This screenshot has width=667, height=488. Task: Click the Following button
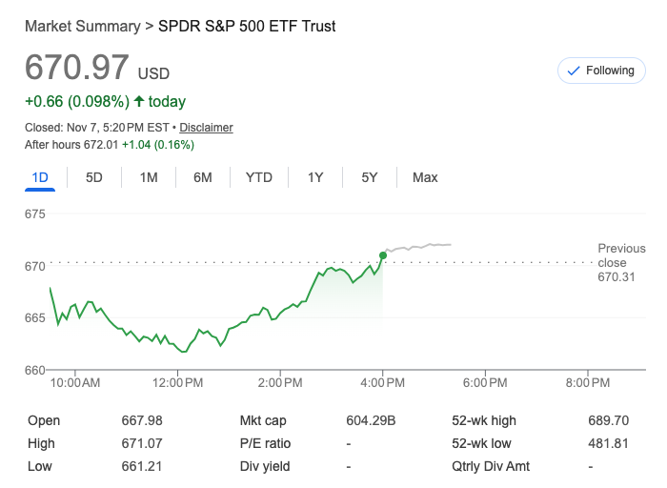[600, 71]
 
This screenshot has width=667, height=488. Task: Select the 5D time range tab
[94, 177]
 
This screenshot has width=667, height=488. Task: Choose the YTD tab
[258, 177]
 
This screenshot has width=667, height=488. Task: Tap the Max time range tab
[425, 177]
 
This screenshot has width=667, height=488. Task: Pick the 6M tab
[202, 177]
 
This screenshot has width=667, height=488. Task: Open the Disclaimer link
[206, 128]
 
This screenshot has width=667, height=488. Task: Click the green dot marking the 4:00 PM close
[382, 254]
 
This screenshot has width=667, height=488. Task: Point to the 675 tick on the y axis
[35, 213]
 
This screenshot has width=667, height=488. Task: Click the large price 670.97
[76, 68]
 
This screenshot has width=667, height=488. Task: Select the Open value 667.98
[142, 420]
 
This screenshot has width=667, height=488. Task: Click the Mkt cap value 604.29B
[371, 420]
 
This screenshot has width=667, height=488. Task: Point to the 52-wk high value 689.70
[609, 420]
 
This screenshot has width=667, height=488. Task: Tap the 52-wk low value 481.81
[609, 443]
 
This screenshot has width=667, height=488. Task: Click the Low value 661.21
[141, 466]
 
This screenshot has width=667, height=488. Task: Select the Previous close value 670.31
[616, 277]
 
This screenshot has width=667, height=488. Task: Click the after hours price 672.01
[100, 145]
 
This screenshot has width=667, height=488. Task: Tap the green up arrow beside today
[139, 101]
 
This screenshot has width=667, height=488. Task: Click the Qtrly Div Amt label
[490, 466]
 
